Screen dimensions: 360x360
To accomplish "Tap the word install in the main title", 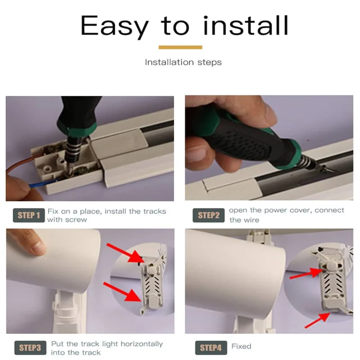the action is point(246,25).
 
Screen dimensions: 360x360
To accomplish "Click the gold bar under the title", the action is point(180,47).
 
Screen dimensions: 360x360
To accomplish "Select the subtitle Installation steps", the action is point(183,62).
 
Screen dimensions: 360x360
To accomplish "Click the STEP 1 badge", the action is point(29,216).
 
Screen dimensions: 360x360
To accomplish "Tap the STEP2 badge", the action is point(208,216).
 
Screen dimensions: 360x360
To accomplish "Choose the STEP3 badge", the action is point(30,348).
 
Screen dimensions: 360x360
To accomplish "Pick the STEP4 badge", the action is point(211,348).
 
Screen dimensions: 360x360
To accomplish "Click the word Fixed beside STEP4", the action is point(241,346).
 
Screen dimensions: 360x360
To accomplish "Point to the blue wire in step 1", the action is point(44,183).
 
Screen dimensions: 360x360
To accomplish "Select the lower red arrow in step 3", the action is point(122,292).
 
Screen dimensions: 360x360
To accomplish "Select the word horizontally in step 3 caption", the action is point(142,344).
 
